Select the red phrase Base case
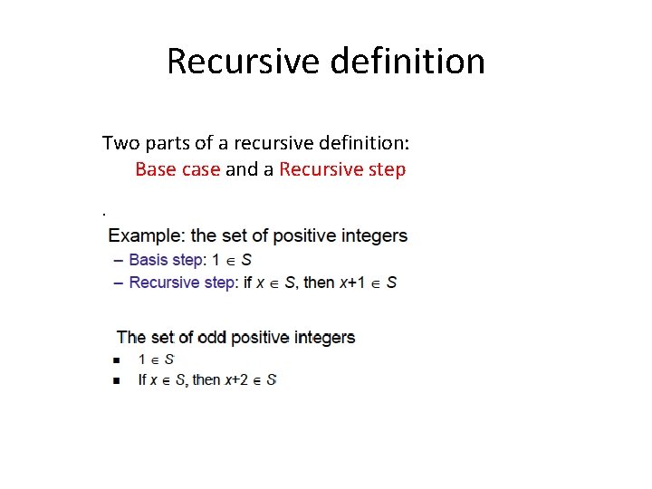pyautogui.click(x=177, y=169)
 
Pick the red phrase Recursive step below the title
pyautogui.click(x=342, y=169)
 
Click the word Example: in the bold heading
pyautogui.click(x=147, y=236)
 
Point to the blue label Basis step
pyautogui.click(x=166, y=260)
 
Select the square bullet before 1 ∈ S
pyautogui.click(x=117, y=360)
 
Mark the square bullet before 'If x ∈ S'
pyautogui.click(x=117, y=380)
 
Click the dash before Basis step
pyautogui.click(x=119, y=260)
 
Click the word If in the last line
pyautogui.click(x=142, y=380)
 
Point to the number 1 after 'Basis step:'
pyautogui.click(x=216, y=260)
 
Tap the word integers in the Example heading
pyautogui.click(x=371, y=236)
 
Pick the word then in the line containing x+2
pyautogui.click(x=207, y=380)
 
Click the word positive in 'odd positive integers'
pyautogui.click(x=259, y=338)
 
